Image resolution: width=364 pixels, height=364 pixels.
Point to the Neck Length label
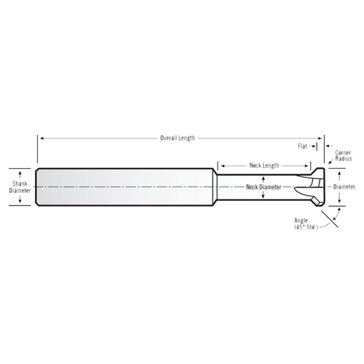point(264,165)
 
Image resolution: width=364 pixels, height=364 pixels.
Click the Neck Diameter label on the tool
point(264,187)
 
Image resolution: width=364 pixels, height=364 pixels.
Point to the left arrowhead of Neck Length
point(222,165)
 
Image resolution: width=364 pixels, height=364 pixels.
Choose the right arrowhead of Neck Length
point(314,165)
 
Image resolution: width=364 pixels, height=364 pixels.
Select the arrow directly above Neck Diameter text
point(264,179)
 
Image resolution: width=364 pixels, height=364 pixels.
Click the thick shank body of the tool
point(124,187)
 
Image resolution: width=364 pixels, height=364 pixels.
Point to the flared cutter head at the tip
point(314,187)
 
